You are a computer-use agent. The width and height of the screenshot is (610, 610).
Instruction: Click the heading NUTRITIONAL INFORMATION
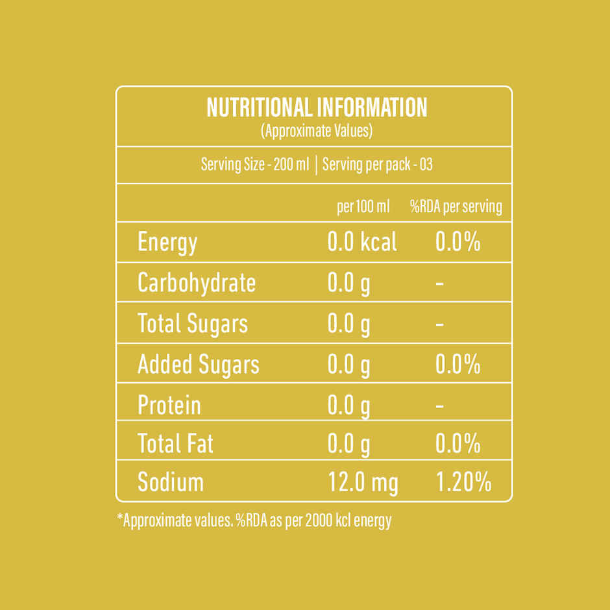(317, 107)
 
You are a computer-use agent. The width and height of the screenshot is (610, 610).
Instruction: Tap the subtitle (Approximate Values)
(317, 131)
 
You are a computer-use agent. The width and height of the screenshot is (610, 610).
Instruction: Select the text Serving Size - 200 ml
(255, 164)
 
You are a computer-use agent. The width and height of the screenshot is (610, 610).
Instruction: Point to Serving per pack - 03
(378, 164)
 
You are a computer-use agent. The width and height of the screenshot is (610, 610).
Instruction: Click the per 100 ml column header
(363, 206)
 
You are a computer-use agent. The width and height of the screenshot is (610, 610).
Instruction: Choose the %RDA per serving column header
(456, 206)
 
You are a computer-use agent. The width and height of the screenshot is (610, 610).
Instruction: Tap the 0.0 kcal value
(362, 241)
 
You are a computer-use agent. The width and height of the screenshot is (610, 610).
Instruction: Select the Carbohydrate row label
(197, 283)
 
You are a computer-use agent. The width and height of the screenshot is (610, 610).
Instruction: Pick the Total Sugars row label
(193, 324)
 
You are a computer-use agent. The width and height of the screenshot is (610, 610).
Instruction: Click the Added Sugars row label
(199, 365)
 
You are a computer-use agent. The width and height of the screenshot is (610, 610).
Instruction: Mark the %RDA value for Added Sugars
(458, 364)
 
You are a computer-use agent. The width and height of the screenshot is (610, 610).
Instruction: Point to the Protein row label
(169, 405)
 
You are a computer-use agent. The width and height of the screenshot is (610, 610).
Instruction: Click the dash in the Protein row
(439, 406)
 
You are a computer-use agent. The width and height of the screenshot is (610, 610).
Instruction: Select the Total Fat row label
(175, 443)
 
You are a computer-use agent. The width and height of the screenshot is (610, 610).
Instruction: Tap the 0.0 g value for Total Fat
(348, 445)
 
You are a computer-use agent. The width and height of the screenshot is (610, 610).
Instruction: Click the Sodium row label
(171, 482)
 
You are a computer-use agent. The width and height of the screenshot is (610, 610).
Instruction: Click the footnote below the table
(254, 520)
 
